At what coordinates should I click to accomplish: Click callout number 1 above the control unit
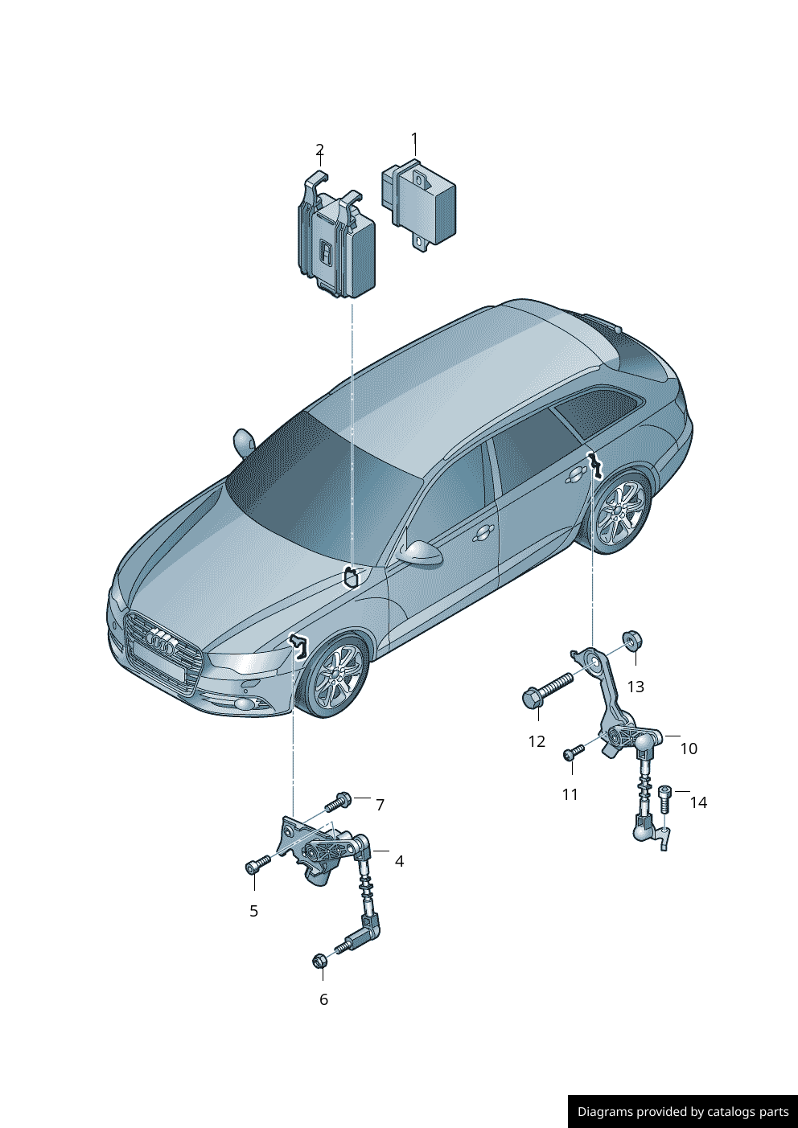(414, 138)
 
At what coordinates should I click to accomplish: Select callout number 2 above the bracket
(319, 150)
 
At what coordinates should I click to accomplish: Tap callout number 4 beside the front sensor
(399, 861)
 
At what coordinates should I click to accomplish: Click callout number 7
(380, 805)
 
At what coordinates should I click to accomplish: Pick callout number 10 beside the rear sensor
(689, 749)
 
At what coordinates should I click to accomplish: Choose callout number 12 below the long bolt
(537, 741)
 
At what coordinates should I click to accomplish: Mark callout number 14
(698, 802)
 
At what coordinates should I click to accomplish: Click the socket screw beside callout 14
(665, 798)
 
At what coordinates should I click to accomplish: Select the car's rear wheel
(620, 511)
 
